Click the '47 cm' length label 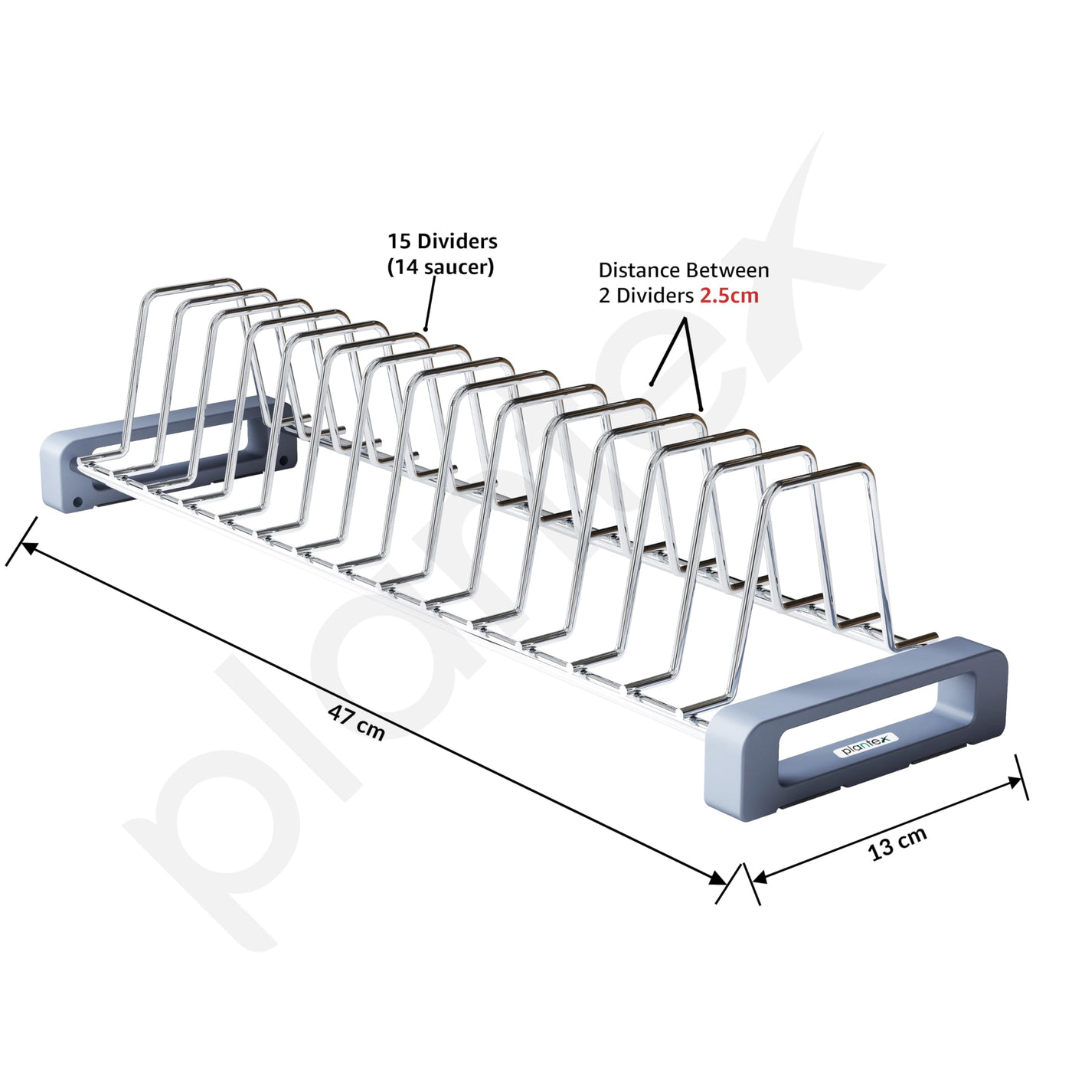tap(356, 722)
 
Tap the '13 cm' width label tap(897, 842)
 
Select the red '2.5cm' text tap(729, 296)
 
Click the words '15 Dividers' tap(442, 241)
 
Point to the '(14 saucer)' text tap(440, 267)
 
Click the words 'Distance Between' tap(684, 270)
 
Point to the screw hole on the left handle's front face tap(77, 502)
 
